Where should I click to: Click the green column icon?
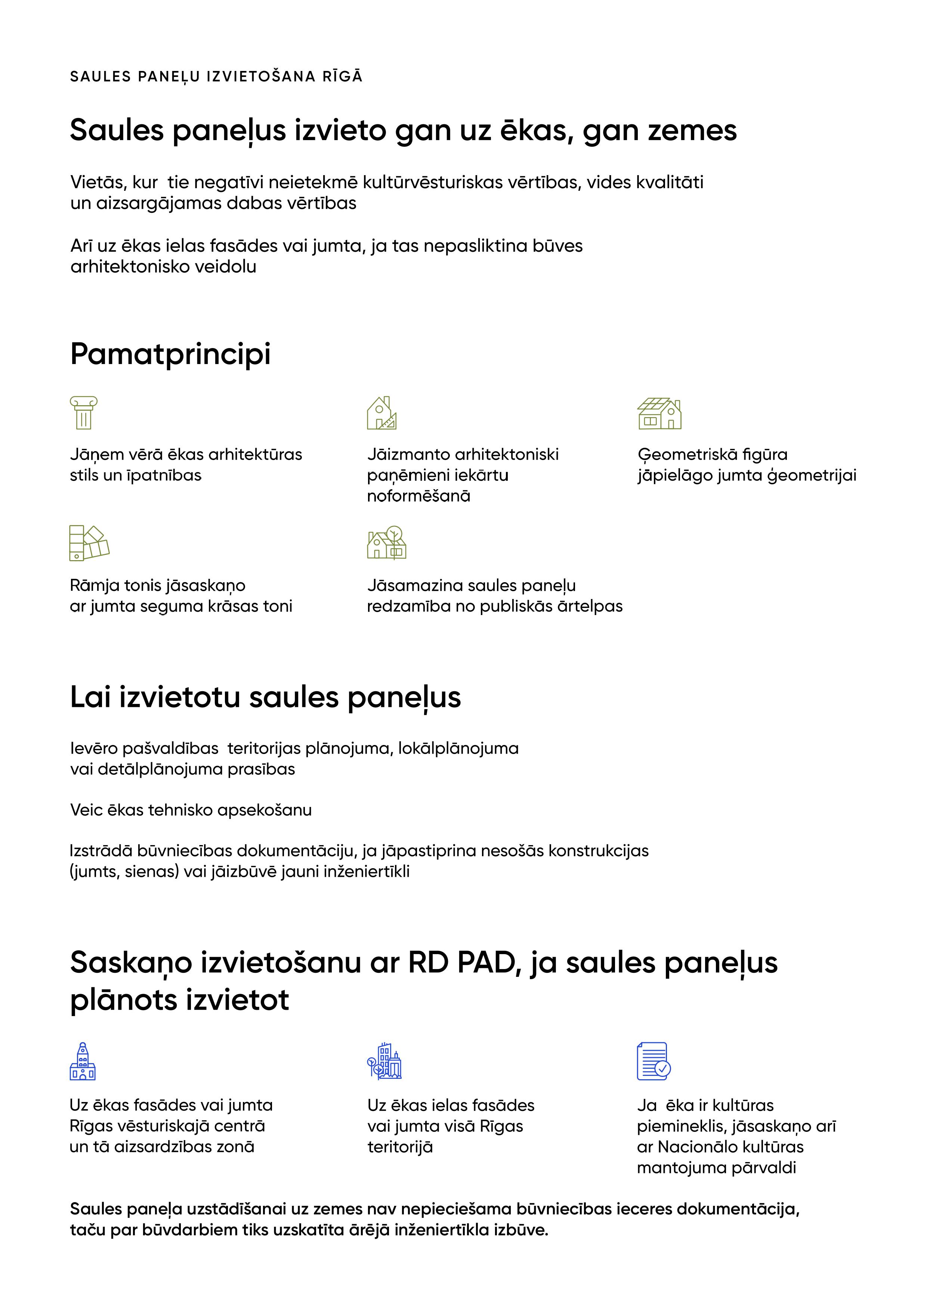[x=83, y=413]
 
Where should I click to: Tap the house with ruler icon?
[x=381, y=413]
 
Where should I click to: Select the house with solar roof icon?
[x=659, y=414]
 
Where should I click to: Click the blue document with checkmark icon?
[x=653, y=1061]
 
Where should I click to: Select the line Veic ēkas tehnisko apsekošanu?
[x=191, y=810]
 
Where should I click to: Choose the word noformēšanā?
[x=418, y=496]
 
